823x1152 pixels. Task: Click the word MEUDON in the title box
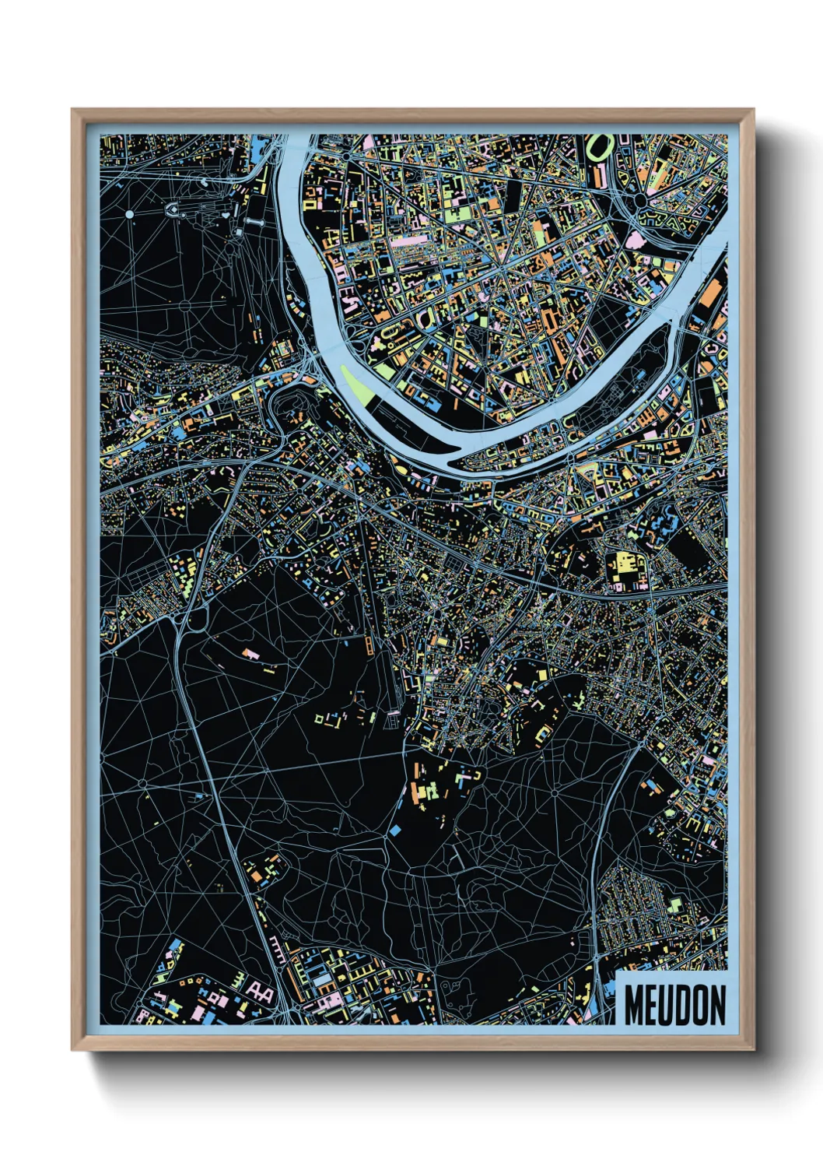674,1005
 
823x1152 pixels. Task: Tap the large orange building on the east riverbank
709,297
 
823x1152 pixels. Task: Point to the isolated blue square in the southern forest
394,831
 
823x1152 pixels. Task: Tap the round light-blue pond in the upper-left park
129,213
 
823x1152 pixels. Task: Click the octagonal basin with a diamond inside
172,209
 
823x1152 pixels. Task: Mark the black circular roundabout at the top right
640,200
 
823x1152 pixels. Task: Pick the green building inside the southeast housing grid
674,904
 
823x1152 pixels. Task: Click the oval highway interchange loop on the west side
195,619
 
